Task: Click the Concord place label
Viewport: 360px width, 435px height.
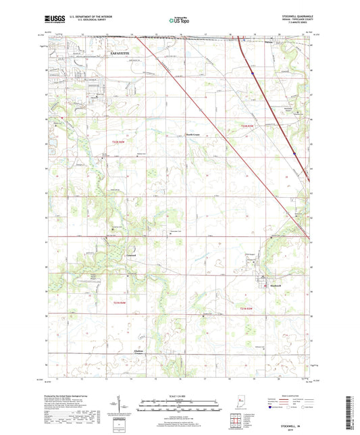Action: (132, 255)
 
